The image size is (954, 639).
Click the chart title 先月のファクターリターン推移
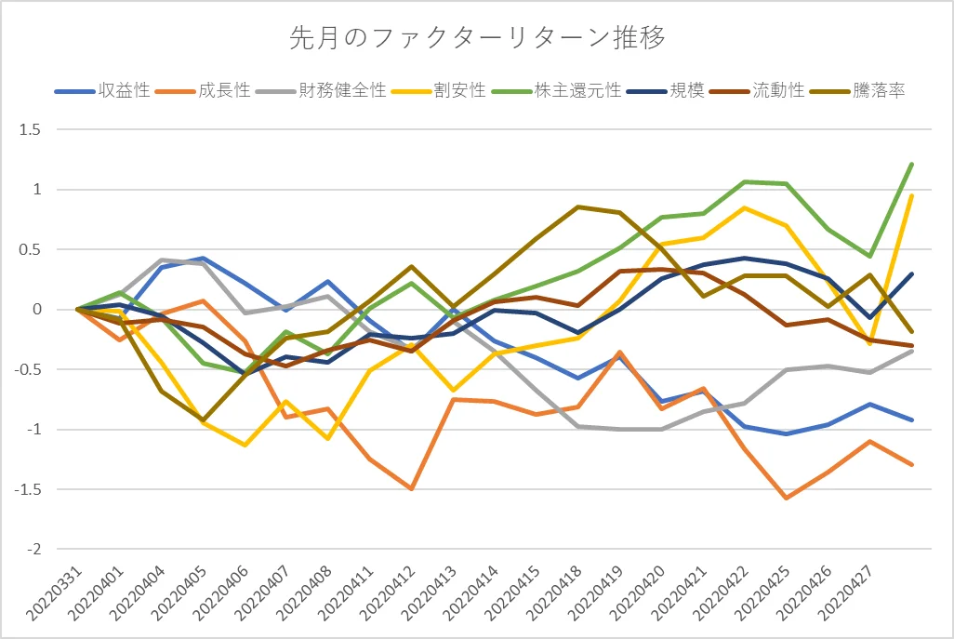coord(477,38)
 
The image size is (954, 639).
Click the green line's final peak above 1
coord(912,164)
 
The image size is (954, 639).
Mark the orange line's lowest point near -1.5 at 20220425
coord(787,498)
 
